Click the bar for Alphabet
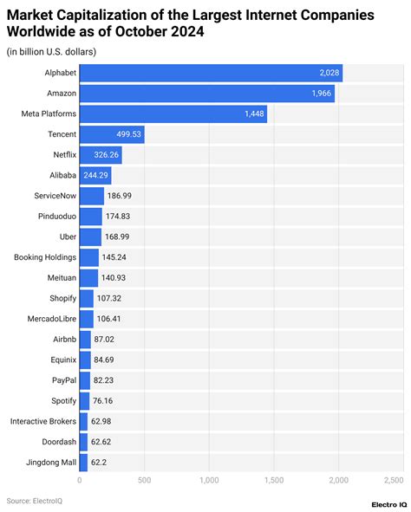(x=211, y=73)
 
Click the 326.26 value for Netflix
(x=108, y=155)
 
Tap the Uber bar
(x=90, y=237)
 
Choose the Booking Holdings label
(x=45, y=257)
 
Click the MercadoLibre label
(x=49, y=319)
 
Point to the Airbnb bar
(x=85, y=339)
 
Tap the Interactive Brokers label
(x=42, y=421)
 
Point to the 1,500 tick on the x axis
(x=273, y=480)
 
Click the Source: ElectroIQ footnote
(x=35, y=500)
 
